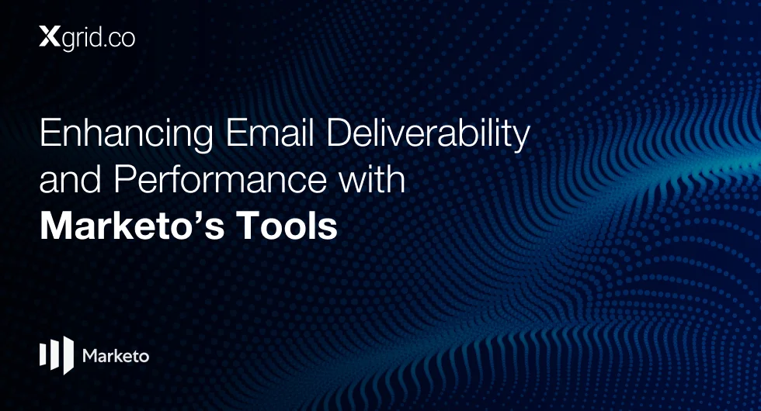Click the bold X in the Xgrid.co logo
(48, 37)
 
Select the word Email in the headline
(270, 132)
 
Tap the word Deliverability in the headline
(428, 134)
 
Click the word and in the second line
(71, 178)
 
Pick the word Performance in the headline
(221, 178)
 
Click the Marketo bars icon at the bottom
(56, 355)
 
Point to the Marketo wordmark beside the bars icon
(116, 356)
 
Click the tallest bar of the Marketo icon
(68, 355)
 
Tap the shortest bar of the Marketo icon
(42, 354)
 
